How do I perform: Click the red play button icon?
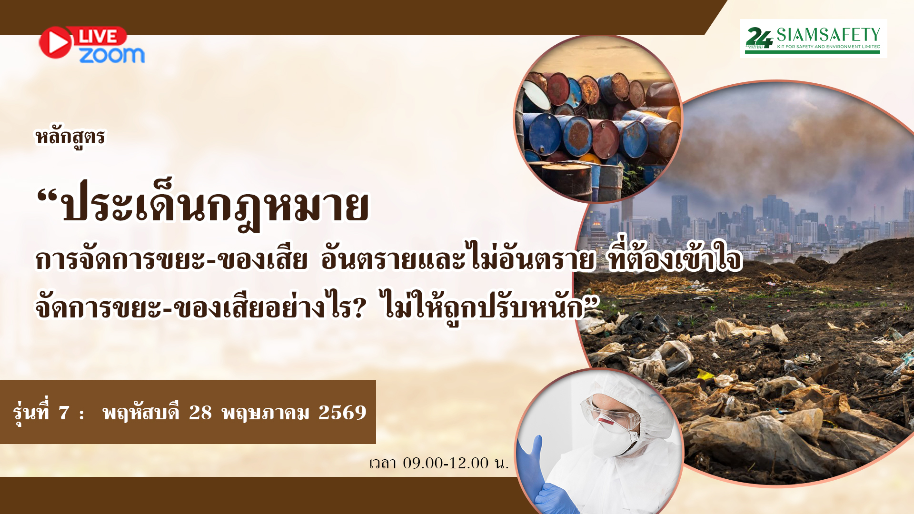point(55,42)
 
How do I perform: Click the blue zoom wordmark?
point(112,55)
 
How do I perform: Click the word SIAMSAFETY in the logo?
point(828,35)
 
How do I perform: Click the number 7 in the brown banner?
point(64,413)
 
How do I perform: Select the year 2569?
point(342,413)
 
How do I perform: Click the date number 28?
point(200,413)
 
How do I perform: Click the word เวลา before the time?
point(383,463)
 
